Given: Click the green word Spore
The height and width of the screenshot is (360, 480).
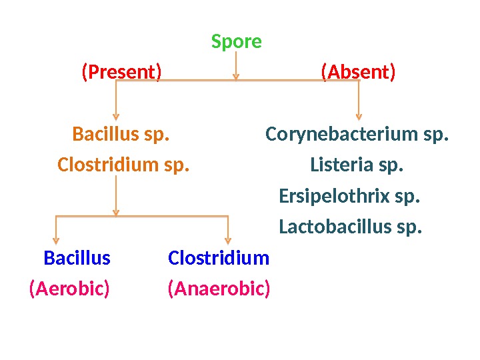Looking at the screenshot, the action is [236, 42].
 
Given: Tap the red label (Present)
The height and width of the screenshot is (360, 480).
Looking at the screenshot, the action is [121, 71].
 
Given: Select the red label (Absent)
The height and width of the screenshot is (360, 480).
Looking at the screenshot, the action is [358, 71].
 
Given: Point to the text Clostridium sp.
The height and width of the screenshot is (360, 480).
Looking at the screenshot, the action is [123, 164].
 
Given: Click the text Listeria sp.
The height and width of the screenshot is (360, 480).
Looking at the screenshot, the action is [357, 164].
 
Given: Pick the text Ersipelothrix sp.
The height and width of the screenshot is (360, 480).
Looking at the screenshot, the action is [349, 197].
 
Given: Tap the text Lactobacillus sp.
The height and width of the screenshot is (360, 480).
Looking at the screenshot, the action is [351, 228].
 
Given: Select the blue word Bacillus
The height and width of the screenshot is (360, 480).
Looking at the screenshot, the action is [77, 257].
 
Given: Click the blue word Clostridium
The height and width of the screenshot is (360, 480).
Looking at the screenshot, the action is [219, 257].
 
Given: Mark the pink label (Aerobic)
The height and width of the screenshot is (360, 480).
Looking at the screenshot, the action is [69, 289].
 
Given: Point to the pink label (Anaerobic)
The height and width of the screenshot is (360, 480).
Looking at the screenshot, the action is [219, 289].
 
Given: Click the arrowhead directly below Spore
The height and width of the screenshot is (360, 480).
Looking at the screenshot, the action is [235, 77].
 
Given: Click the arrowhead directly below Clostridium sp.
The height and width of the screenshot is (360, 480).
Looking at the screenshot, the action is [116, 212].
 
